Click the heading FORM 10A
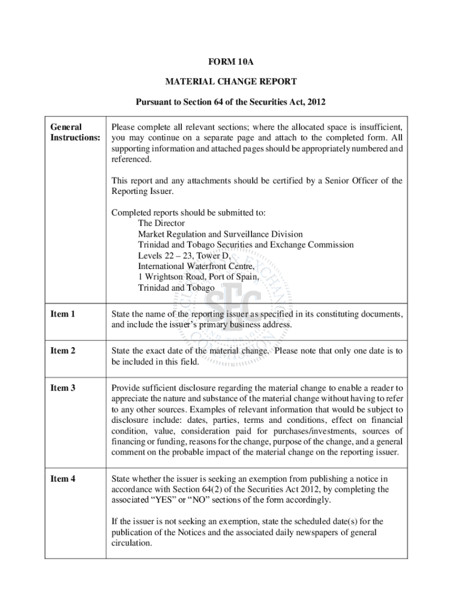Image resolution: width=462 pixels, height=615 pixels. coord(230,62)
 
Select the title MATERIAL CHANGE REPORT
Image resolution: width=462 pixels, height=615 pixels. coord(230,82)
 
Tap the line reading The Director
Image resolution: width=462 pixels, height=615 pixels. coord(161,223)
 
